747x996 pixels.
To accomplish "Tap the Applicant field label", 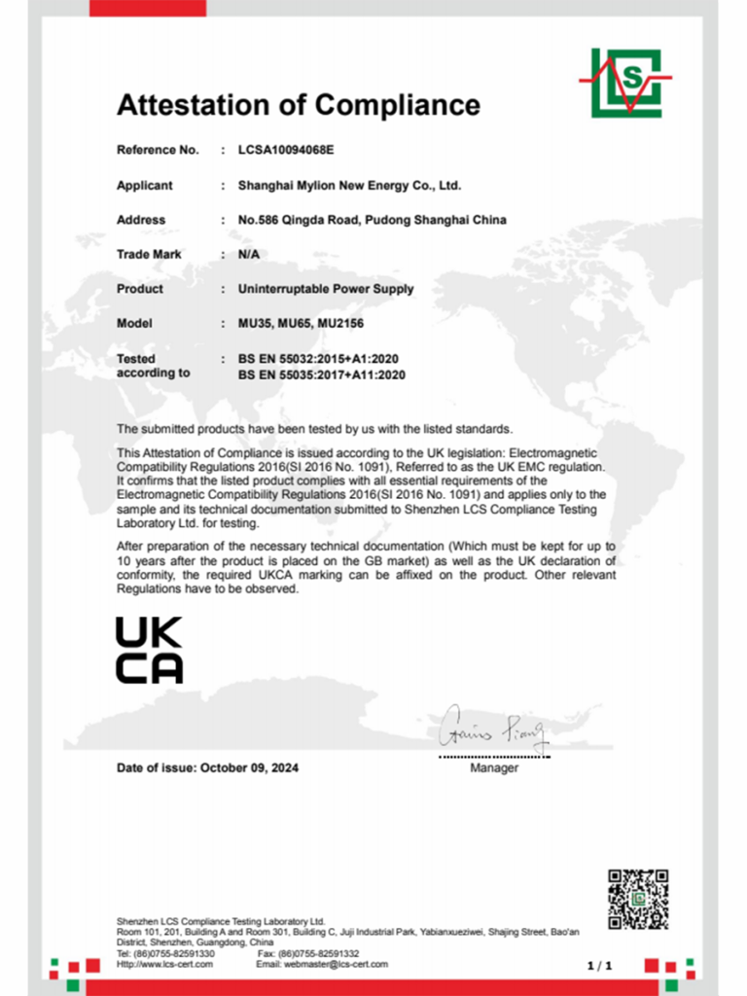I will tap(144, 186).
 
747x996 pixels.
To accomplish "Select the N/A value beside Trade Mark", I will tap(248, 254).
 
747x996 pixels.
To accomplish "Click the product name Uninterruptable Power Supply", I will tap(326, 289).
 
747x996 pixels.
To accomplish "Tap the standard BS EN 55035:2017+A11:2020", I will tap(321, 373).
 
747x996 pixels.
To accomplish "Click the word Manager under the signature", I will tap(494, 768).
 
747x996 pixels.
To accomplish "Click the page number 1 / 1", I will tap(600, 965).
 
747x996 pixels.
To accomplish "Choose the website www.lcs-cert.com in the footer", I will tap(170, 964).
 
